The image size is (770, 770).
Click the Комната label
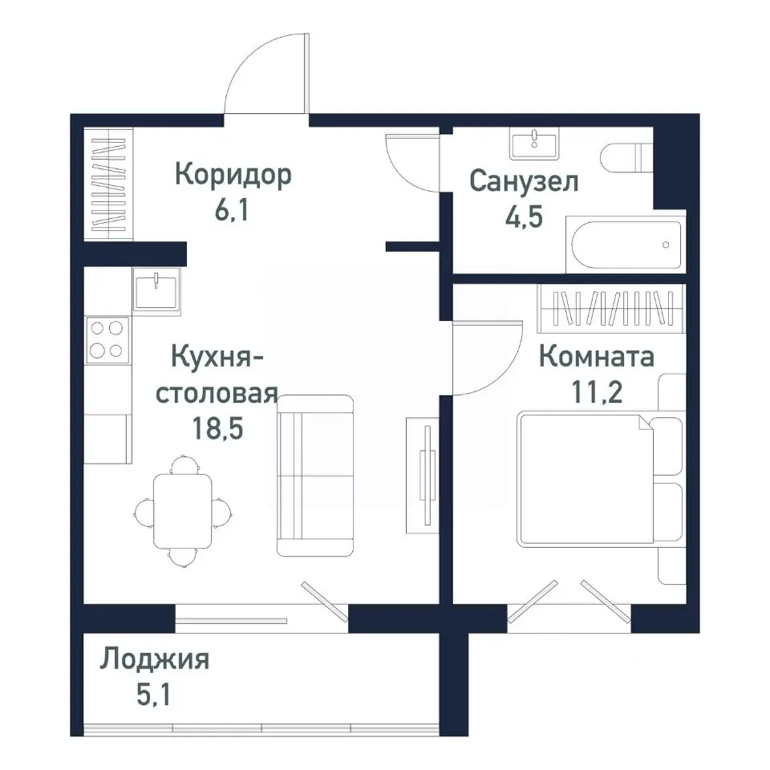596,356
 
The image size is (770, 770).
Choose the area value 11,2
596,393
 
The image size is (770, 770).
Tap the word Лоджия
155,660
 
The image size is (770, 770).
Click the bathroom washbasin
533,145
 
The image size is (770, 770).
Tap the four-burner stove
107,339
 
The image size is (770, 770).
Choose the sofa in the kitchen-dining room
315,475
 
